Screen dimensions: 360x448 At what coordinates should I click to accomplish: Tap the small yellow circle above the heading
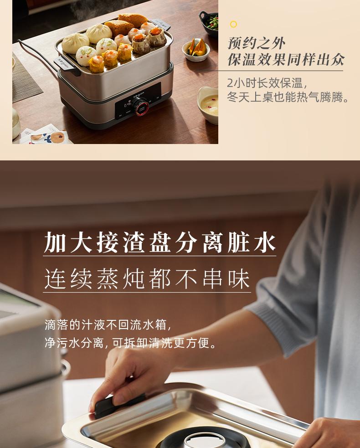click(x=233, y=25)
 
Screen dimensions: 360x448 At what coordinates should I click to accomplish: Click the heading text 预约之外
click(x=256, y=43)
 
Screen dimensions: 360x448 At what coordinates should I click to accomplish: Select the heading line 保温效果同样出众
click(x=286, y=59)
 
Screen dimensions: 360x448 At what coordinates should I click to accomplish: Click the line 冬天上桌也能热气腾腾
click(x=288, y=97)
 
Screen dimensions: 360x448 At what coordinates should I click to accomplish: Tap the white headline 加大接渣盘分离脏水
click(x=160, y=243)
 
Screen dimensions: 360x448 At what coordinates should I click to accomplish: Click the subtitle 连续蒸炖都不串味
click(x=147, y=279)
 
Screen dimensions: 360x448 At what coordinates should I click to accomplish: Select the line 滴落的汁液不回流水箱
click(x=108, y=325)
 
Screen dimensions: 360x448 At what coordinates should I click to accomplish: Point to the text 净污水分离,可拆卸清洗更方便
click(x=130, y=343)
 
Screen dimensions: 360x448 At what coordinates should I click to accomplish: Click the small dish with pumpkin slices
click(x=196, y=49)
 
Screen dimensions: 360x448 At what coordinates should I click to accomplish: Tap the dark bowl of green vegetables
click(x=209, y=23)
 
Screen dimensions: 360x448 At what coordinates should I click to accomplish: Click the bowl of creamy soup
click(x=208, y=104)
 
